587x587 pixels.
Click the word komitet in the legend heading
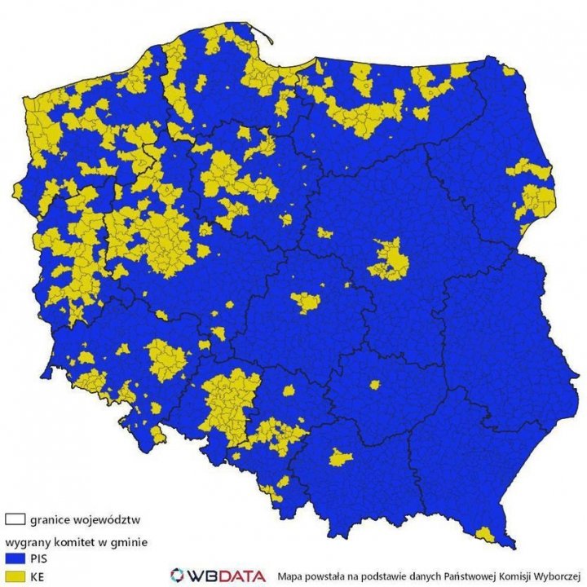[86, 540]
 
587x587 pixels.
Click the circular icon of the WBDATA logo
[178, 575]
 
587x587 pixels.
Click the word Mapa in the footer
[290, 575]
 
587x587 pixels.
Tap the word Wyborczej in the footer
[558, 575]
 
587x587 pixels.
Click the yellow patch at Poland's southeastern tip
[487, 535]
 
